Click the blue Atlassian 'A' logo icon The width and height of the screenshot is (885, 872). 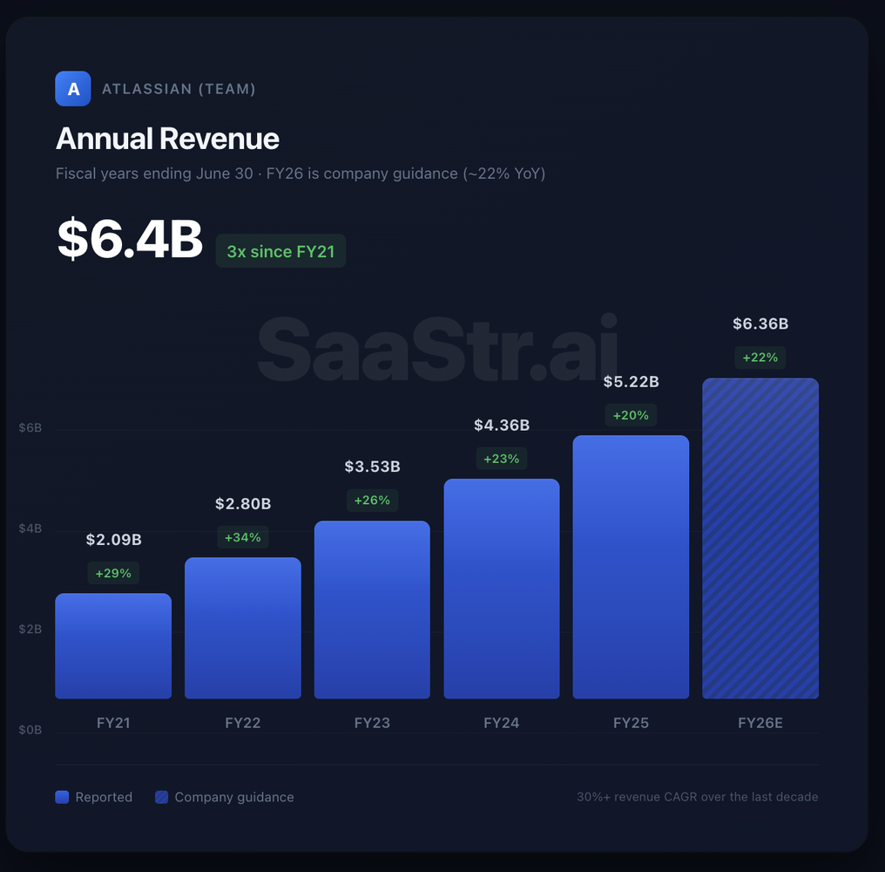click(73, 88)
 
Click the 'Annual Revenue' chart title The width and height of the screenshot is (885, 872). click(167, 139)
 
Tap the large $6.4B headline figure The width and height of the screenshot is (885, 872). click(130, 240)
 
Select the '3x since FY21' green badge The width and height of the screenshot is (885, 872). click(280, 251)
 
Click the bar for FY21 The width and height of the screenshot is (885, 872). click(113, 646)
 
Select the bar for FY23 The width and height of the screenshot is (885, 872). click(372, 610)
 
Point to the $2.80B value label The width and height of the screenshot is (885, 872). click(243, 504)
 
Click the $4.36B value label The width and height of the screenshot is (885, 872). click(502, 426)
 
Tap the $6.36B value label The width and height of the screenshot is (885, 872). click(760, 324)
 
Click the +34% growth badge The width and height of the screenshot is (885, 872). click(243, 537)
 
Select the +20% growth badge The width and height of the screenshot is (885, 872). click(631, 415)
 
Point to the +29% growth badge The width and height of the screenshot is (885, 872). click(113, 573)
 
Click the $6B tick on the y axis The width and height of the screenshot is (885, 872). click(30, 428)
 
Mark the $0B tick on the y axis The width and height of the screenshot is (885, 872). click(30, 729)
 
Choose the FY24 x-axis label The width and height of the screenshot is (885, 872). click(502, 723)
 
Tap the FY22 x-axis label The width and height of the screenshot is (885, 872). click(243, 723)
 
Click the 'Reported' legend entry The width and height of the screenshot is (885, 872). click(94, 797)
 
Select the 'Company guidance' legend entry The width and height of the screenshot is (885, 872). click(225, 797)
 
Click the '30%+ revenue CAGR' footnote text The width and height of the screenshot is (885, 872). click(697, 797)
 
